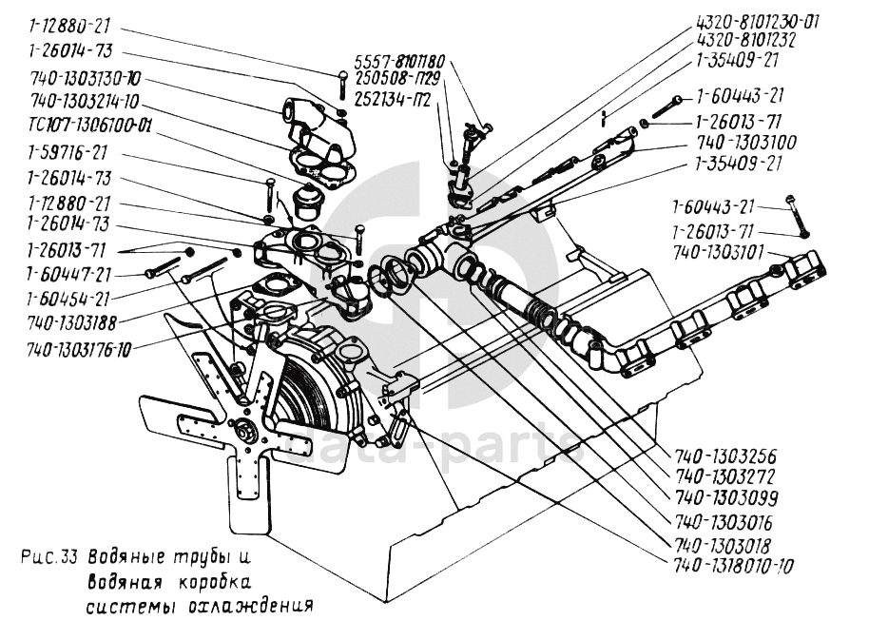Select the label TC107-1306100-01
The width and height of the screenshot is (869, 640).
pos(89,125)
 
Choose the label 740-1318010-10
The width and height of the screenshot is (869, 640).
pos(731,565)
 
